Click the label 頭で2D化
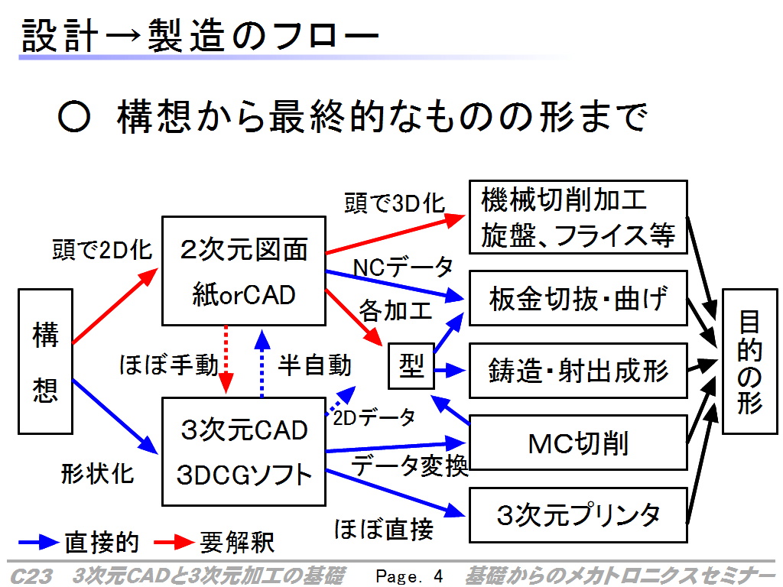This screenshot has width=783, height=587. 102,249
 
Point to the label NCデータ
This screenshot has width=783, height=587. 402,267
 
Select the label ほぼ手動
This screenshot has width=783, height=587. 169,365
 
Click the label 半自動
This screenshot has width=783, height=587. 314,365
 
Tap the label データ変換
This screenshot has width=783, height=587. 410,465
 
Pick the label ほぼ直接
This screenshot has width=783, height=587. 384,529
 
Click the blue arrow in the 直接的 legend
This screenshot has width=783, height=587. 38,542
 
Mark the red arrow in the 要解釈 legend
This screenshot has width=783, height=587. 174,542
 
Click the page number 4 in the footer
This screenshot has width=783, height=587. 438,576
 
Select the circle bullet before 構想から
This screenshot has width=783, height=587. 74,117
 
